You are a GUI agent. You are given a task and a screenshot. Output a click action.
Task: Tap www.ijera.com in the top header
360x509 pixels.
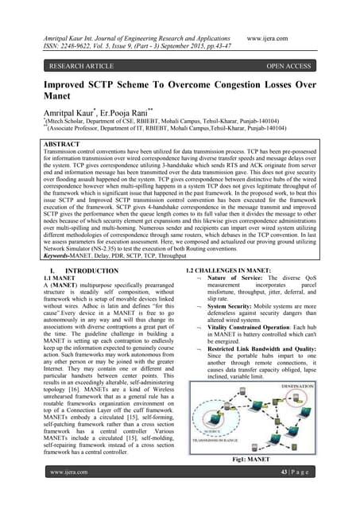pos(273,37)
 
